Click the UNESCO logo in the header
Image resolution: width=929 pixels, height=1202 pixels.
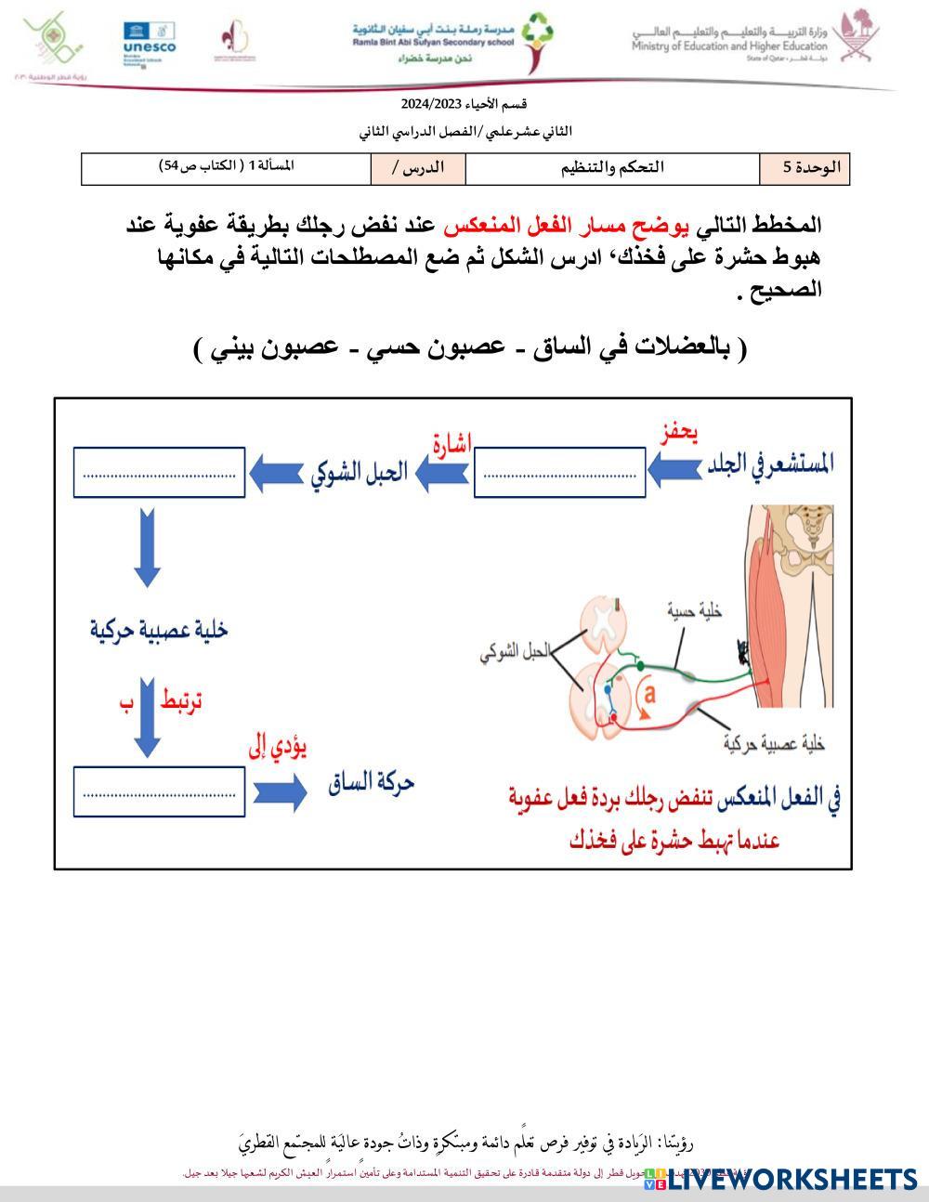coord(149,42)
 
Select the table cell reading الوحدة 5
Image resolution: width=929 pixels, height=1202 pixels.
coord(805,168)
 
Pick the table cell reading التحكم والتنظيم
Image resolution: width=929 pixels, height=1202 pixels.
coord(612,168)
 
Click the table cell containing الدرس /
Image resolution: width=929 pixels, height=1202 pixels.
coord(417,168)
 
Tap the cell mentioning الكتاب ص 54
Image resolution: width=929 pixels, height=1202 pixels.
coord(227,166)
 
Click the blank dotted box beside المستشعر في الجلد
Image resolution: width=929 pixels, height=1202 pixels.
coord(559,472)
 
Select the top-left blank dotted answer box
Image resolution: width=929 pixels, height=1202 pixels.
coord(159,472)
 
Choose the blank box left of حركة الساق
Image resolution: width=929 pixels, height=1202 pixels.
coord(159,792)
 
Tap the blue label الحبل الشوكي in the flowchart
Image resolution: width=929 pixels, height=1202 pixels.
coord(359,472)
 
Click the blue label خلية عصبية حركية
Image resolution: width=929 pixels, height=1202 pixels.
coord(159,630)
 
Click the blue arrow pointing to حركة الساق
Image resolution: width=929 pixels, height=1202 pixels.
coord(279,792)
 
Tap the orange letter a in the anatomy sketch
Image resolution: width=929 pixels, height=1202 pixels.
coord(650,693)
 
